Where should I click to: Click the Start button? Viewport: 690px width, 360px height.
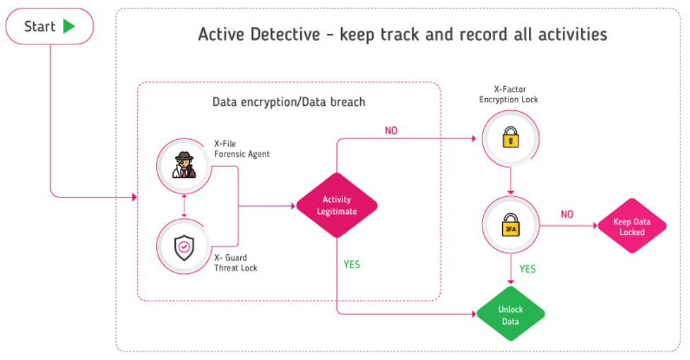[49, 27]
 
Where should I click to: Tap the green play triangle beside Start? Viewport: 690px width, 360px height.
[69, 27]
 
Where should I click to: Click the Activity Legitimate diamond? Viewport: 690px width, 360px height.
[336, 205]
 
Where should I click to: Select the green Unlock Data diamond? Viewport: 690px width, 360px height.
[511, 316]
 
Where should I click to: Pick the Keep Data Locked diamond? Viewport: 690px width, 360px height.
[632, 227]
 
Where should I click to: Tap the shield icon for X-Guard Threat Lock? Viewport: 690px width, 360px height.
[184, 246]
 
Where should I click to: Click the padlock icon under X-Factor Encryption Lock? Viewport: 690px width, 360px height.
[510, 138]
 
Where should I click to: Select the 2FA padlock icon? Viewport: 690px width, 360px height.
[510, 225]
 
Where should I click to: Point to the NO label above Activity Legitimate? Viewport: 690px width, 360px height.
[391, 131]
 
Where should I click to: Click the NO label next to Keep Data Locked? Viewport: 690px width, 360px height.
[566, 214]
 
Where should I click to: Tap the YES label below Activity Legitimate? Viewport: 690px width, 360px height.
[352, 265]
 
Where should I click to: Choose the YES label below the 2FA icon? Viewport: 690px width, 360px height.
[528, 269]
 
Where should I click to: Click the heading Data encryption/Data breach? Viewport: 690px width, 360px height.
[289, 102]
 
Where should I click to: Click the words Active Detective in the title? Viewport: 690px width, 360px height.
[261, 35]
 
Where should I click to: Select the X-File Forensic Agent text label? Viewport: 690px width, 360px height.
[242, 148]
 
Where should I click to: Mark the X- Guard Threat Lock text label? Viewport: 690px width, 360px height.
[236, 263]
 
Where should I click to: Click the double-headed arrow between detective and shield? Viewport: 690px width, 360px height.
[184, 206]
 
